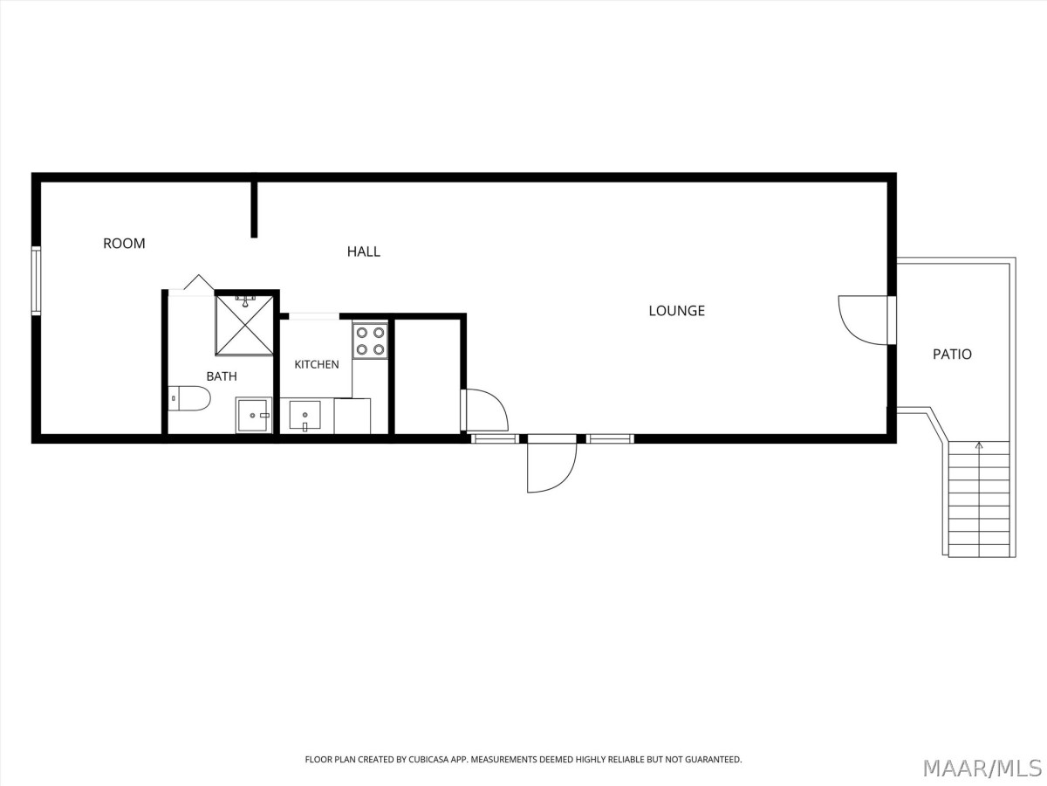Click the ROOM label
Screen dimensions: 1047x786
click(124, 244)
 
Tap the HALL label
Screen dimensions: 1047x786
click(364, 252)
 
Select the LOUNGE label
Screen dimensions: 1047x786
click(676, 311)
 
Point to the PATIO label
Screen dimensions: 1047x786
click(952, 354)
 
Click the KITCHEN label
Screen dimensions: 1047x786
click(317, 364)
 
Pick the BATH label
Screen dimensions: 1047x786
click(222, 376)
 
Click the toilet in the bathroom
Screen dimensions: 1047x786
click(189, 398)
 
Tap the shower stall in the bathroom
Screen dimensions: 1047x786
click(244, 325)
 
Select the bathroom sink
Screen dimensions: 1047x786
click(254, 415)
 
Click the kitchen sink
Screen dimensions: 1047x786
click(305, 415)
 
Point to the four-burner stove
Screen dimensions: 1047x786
click(370, 341)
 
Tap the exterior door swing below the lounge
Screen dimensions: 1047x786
click(552, 468)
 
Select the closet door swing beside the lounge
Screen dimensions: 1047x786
click(487, 410)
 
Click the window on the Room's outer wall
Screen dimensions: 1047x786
click(37, 280)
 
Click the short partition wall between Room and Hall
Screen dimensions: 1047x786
click(254, 209)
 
